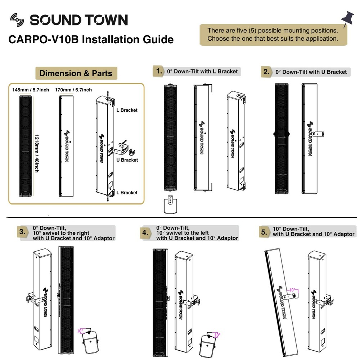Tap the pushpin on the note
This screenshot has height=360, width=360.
click(347, 20)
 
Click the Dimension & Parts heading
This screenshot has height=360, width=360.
click(76, 73)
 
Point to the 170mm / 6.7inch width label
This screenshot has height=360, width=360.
click(73, 90)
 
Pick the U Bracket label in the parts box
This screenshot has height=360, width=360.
click(127, 160)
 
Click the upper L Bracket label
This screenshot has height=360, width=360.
click(127, 110)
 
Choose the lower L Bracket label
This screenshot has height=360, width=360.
click(127, 193)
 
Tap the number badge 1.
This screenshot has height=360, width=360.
click(158, 71)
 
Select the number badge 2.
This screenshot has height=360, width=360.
click(266, 72)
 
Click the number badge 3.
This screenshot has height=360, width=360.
click(23, 232)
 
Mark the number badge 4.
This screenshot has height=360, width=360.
click(145, 233)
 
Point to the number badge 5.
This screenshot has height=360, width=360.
click(264, 232)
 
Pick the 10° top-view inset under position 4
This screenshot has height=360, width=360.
click(208, 343)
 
